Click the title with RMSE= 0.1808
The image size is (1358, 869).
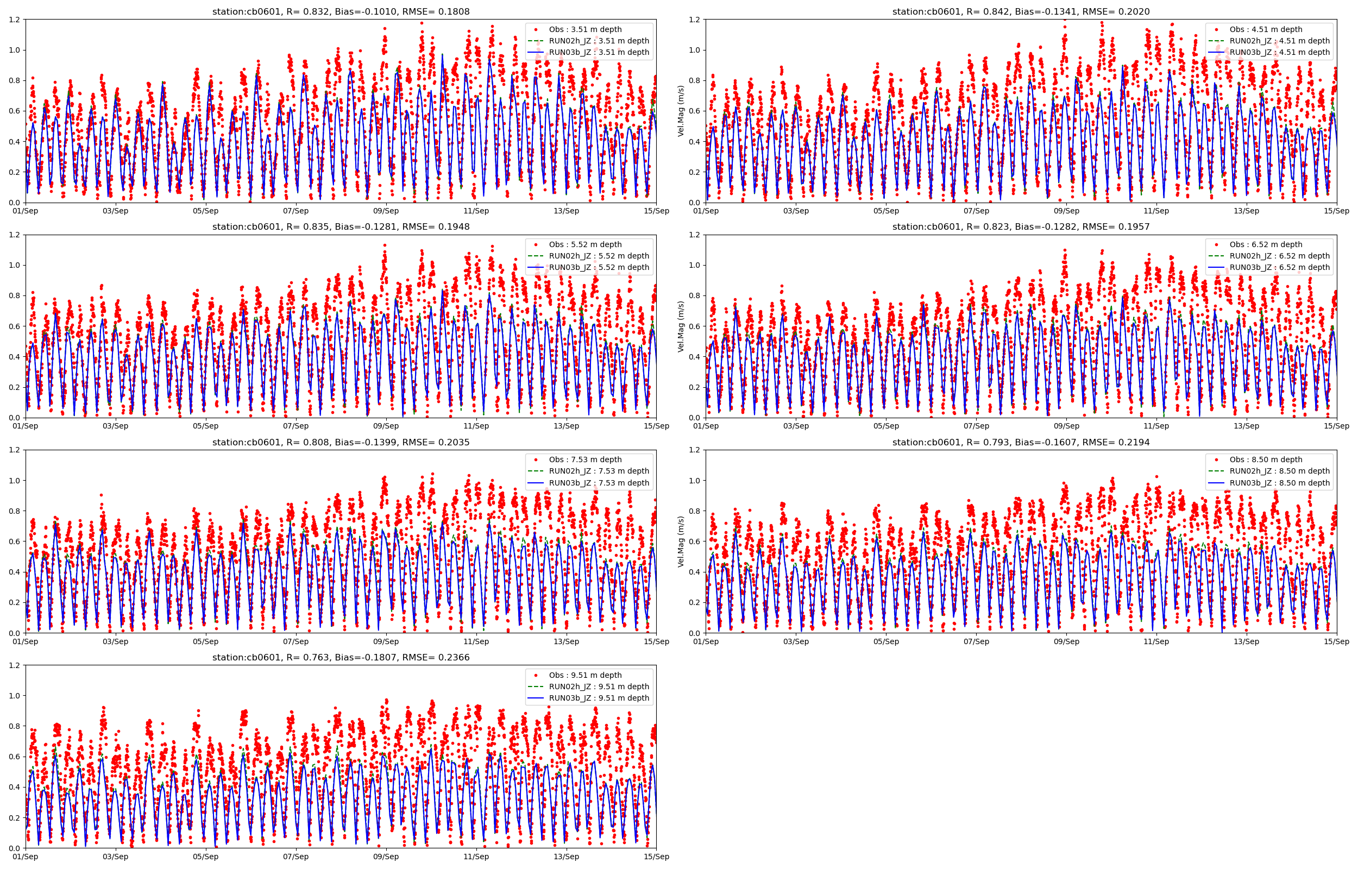tap(341, 11)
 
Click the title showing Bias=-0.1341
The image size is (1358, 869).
tap(1021, 11)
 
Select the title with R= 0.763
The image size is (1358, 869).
tap(341, 657)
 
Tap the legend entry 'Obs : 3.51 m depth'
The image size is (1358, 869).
tap(585, 29)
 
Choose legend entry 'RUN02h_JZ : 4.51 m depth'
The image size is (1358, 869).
tap(1280, 41)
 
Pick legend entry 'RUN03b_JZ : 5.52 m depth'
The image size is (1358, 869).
tap(599, 267)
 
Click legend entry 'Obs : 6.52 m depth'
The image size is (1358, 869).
tap(1266, 244)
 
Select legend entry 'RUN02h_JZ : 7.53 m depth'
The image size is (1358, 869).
tap(599, 471)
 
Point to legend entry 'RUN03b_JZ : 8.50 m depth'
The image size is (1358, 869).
tap(1280, 483)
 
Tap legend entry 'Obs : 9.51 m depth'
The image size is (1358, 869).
tap(585, 676)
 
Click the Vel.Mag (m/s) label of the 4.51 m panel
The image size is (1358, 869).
tap(681, 111)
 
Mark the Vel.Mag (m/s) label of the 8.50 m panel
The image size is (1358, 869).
tap(681, 541)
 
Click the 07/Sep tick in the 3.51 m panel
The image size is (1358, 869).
tap(296, 211)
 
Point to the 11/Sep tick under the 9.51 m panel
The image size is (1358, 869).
tap(476, 857)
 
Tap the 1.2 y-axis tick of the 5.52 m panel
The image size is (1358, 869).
tap(15, 235)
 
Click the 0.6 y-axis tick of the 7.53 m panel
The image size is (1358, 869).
tap(15, 541)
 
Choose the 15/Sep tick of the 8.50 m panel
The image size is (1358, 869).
tap(1337, 641)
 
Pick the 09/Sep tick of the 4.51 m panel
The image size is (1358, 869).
tap(1066, 211)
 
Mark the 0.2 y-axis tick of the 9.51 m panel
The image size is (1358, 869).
tap(15, 817)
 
